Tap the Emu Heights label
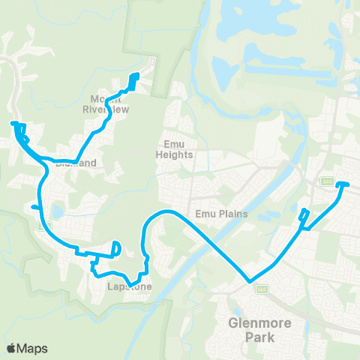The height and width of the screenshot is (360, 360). point(175,150)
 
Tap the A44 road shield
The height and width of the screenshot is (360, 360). point(326,181)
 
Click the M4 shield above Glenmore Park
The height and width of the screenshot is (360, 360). point(261,289)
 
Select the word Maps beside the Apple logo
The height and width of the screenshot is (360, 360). point(34,348)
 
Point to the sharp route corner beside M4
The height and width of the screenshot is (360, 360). point(248,282)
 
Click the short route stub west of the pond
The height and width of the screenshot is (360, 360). point(34,208)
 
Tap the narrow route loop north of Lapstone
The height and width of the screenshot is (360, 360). point(116,248)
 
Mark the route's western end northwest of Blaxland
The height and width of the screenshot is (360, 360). point(13,122)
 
